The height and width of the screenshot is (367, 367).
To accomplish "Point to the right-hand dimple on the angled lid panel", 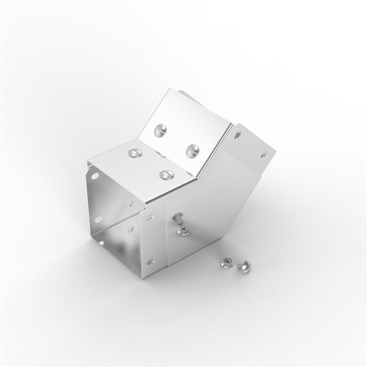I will click(192, 149).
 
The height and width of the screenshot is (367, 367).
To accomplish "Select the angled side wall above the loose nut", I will click(214, 204).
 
